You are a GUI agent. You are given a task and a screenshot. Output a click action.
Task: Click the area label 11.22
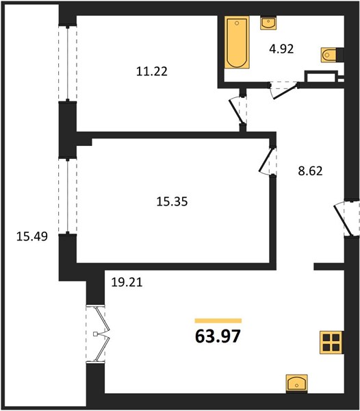151,71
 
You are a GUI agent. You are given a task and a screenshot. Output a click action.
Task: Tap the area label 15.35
172,201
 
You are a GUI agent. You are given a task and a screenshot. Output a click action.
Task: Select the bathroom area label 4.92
281,49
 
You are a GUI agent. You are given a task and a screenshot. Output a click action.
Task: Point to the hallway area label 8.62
310,171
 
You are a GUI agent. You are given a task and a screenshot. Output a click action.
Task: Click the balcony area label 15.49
32,236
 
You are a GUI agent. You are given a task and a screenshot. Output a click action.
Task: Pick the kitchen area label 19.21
127,282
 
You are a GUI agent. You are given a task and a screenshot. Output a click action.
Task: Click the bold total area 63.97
218,336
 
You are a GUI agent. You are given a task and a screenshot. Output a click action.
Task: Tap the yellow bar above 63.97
218,321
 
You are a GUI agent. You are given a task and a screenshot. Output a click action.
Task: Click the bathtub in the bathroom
237,42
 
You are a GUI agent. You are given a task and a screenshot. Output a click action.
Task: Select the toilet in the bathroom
330,55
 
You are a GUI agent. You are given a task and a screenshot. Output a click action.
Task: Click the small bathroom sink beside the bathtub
268,23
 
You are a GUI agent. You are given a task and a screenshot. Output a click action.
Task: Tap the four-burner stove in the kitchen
332,342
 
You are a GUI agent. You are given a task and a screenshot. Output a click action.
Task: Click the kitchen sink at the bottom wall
296,384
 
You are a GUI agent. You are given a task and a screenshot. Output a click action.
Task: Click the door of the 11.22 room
237,110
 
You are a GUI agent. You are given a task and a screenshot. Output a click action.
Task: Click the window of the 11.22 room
68,63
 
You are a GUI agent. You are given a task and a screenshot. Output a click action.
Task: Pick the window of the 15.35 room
68,196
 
